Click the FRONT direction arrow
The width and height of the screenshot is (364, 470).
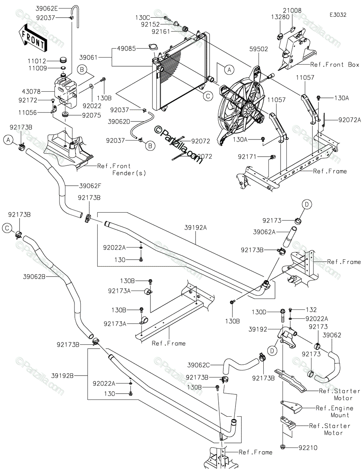tap(33, 39)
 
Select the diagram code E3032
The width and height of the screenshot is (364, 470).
tap(338, 15)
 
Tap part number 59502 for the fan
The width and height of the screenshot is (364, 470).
tap(259, 49)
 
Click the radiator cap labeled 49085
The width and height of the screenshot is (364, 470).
tap(154, 47)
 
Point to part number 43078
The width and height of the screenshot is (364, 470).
tap(31, 92)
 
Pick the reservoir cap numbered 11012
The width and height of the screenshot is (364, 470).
tap(63, 59)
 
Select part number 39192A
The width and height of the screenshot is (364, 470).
tap(196, 228)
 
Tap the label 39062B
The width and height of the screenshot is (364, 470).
tap(34, 277)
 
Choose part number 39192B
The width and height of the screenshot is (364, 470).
tap(63, 376)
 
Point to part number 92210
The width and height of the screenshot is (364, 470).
tap(308, 448)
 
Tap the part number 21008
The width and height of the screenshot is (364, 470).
tap(292, 11)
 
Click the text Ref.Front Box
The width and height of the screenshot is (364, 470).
tap(335, 65)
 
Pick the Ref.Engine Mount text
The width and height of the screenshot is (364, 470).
tap(334, 412)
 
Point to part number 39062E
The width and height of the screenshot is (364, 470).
tap(47, 9)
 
